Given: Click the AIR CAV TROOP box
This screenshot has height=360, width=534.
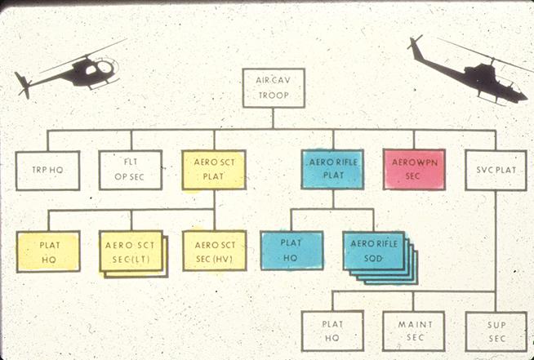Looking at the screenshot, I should pyautogui.click(x=274, y=87).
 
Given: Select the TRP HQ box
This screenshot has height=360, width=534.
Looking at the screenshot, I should pyautogui.click(x=47, y=170).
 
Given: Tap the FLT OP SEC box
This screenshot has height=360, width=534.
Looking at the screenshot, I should pyautogui.click(x=131, y=170).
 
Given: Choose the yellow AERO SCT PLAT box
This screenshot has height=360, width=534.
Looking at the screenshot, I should pyautogui.click(x=214, y=170).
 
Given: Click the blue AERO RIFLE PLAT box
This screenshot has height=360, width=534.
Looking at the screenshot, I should pyautogui.click(x=332, y=169).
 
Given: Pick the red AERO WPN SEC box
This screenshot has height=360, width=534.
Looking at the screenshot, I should pyautogui.click(x=414, y=169).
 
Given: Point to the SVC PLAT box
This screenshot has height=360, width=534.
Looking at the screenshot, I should pyautogui.click(x=496, y=170).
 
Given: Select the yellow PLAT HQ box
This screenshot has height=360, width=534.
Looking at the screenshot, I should pyautogui.click(x=47, y=251).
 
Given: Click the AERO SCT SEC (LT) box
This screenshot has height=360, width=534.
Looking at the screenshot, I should pyautogui.click(x=131, y=251).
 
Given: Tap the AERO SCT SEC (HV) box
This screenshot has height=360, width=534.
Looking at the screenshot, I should pyautogui.click(x=214, y=251).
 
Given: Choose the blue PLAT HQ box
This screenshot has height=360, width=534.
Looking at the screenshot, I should pyautogui.click(x=291, y=251).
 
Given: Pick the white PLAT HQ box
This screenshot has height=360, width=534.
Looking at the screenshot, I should pyautogui.click(x=332, y=331).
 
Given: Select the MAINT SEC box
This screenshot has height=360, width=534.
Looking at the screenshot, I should pyautogui.click(x=414, y=331).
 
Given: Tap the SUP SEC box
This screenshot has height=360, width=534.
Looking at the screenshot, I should pyautogui.click(x=496, y=331).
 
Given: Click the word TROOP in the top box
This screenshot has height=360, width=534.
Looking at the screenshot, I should pyautogui.click(x=274, y=95).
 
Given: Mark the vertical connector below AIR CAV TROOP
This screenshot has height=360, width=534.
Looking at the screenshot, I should pyautogui.click(x=274, y=118).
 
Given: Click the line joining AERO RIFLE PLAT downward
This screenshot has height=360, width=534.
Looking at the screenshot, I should pyautogui.click(x=332, y=199).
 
